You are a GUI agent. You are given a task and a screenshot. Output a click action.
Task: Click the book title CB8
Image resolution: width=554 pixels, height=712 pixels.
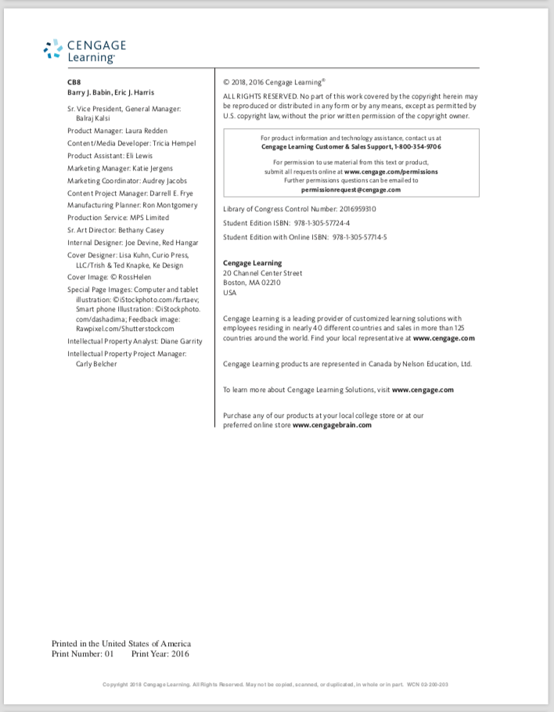(x=74, y=81)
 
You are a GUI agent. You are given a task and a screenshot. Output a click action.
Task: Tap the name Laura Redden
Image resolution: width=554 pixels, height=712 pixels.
(x=146, y=131)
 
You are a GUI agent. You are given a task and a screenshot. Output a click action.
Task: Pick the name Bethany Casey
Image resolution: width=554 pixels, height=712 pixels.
(x=141, y=230)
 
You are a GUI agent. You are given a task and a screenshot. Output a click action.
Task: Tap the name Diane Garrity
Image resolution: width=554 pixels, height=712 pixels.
(x=181, y=341)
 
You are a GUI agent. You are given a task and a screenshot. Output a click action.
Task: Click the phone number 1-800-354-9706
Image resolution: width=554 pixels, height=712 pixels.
(x=412, y=146)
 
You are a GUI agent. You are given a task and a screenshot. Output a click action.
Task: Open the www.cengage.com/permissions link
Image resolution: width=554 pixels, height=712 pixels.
(x=391, y=171)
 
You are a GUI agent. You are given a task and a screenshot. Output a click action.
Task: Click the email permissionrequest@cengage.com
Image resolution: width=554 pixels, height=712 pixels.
(x=351, y=189)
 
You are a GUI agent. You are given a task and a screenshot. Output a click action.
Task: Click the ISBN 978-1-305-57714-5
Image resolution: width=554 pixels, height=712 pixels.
(x=360, y=236)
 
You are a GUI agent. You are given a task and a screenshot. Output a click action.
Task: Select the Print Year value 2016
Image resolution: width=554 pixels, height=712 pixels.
(x=178, y=653)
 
